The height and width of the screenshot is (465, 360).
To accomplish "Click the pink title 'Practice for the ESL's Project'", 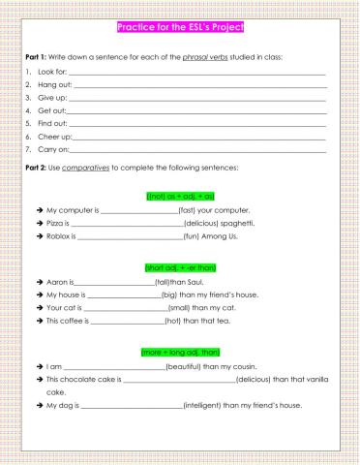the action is [x=180, y=26].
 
